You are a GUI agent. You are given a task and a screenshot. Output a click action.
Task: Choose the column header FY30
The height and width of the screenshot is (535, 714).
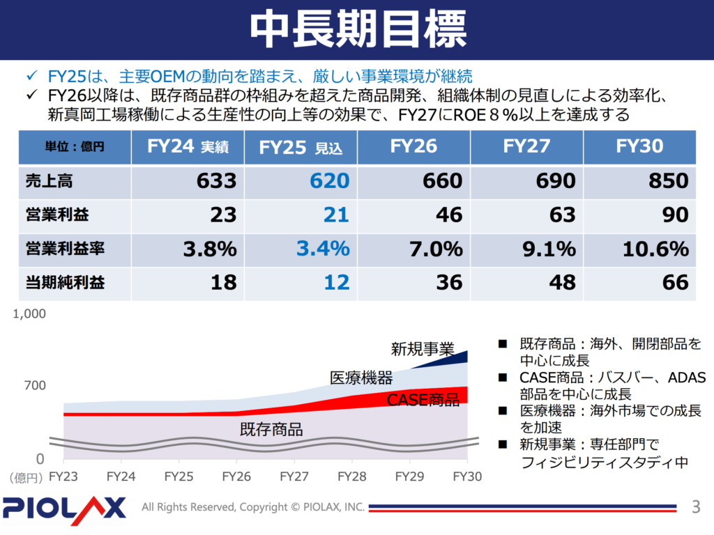[x=639, y=146]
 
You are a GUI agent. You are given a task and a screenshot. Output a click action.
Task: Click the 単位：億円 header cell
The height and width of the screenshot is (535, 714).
[x=75, y=147]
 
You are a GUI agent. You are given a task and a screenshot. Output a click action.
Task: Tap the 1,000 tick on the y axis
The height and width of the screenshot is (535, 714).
[x=30, y=313]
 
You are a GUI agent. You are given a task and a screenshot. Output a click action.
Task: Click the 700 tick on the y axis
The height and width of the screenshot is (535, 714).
[x=35, y=385]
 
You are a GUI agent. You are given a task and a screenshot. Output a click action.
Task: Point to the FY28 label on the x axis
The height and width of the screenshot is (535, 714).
[x=351, y=477]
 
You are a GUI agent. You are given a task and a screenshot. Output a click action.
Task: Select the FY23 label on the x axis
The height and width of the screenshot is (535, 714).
[x=63, y=477]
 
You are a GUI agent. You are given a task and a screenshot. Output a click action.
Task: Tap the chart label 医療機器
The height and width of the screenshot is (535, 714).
[x=361, y=378]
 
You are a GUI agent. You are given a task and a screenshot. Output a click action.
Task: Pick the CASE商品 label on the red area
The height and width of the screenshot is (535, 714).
[x=423, y=400]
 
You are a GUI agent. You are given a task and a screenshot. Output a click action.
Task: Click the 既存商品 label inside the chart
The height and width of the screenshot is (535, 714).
[x=271, y=429]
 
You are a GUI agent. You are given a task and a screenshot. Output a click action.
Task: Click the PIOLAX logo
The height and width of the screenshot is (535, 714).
[x=64, y=507]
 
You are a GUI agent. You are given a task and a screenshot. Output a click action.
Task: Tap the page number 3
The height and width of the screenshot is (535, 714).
[x=694, y=506]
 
